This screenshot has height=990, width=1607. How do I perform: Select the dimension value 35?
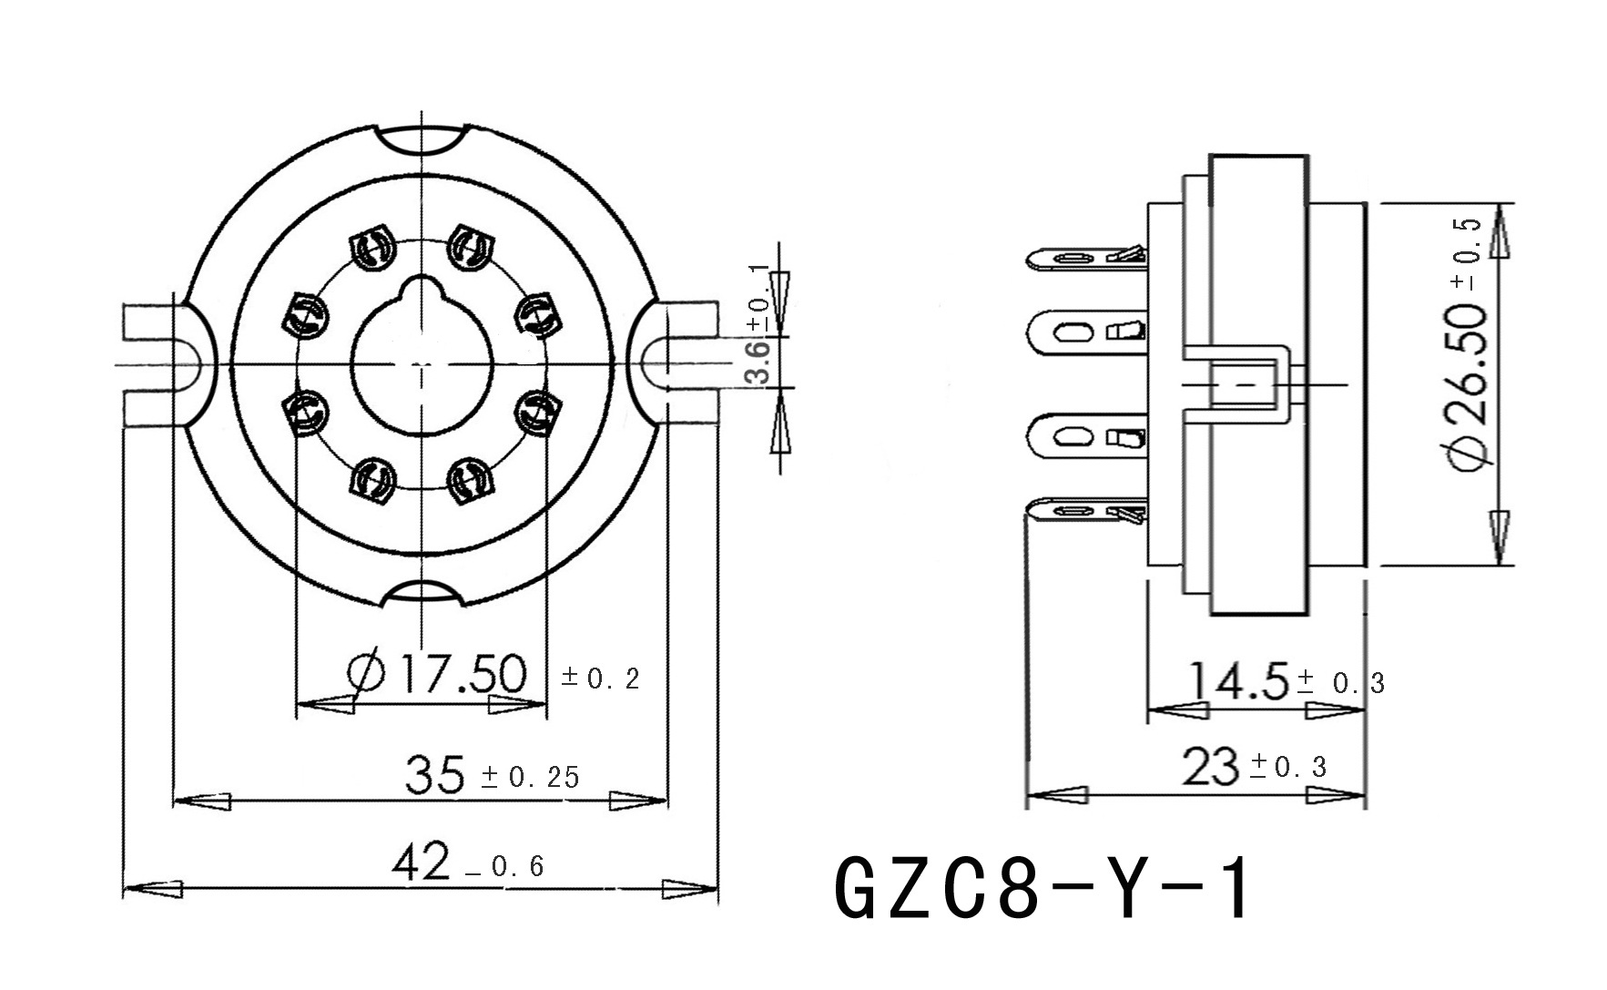[x=435, y=774]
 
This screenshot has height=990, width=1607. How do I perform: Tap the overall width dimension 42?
[x=421, y=862]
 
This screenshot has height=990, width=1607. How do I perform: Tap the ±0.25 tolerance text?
[x=530, y=777]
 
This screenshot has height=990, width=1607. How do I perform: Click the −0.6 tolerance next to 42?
[x=505, y=866]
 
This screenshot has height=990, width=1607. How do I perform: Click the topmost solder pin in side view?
[x=1083, y=259]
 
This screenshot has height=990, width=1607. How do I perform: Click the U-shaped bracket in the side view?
[x=1243, y=383]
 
